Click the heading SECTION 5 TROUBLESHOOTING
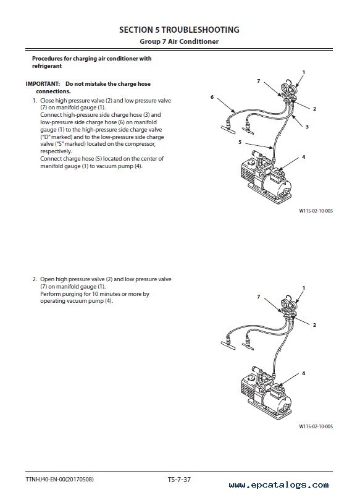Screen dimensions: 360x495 tap(179, 30)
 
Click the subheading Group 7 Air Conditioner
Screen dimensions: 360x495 tap(179, 41)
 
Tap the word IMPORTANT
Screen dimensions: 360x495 tap(43, 84)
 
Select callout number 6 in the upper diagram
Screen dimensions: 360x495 tap(212, 97)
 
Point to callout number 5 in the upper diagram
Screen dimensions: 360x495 tap(240, 142)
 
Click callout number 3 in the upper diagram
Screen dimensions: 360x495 tap(307, 127)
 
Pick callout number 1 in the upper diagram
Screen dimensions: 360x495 tap(304, 72)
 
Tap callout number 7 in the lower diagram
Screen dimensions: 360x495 tap(259, 297)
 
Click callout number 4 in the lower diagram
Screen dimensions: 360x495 tap(304, 373)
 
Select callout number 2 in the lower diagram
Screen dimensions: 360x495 tap(314, 325)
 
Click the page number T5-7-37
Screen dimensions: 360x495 tap(179, 480)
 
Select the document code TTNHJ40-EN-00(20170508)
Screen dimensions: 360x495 tap(60, 480)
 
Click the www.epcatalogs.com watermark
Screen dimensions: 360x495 tap(279, 485)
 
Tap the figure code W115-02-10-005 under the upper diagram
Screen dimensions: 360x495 tap(316, 211)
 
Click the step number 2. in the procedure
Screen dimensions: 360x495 tap(35, 279)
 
